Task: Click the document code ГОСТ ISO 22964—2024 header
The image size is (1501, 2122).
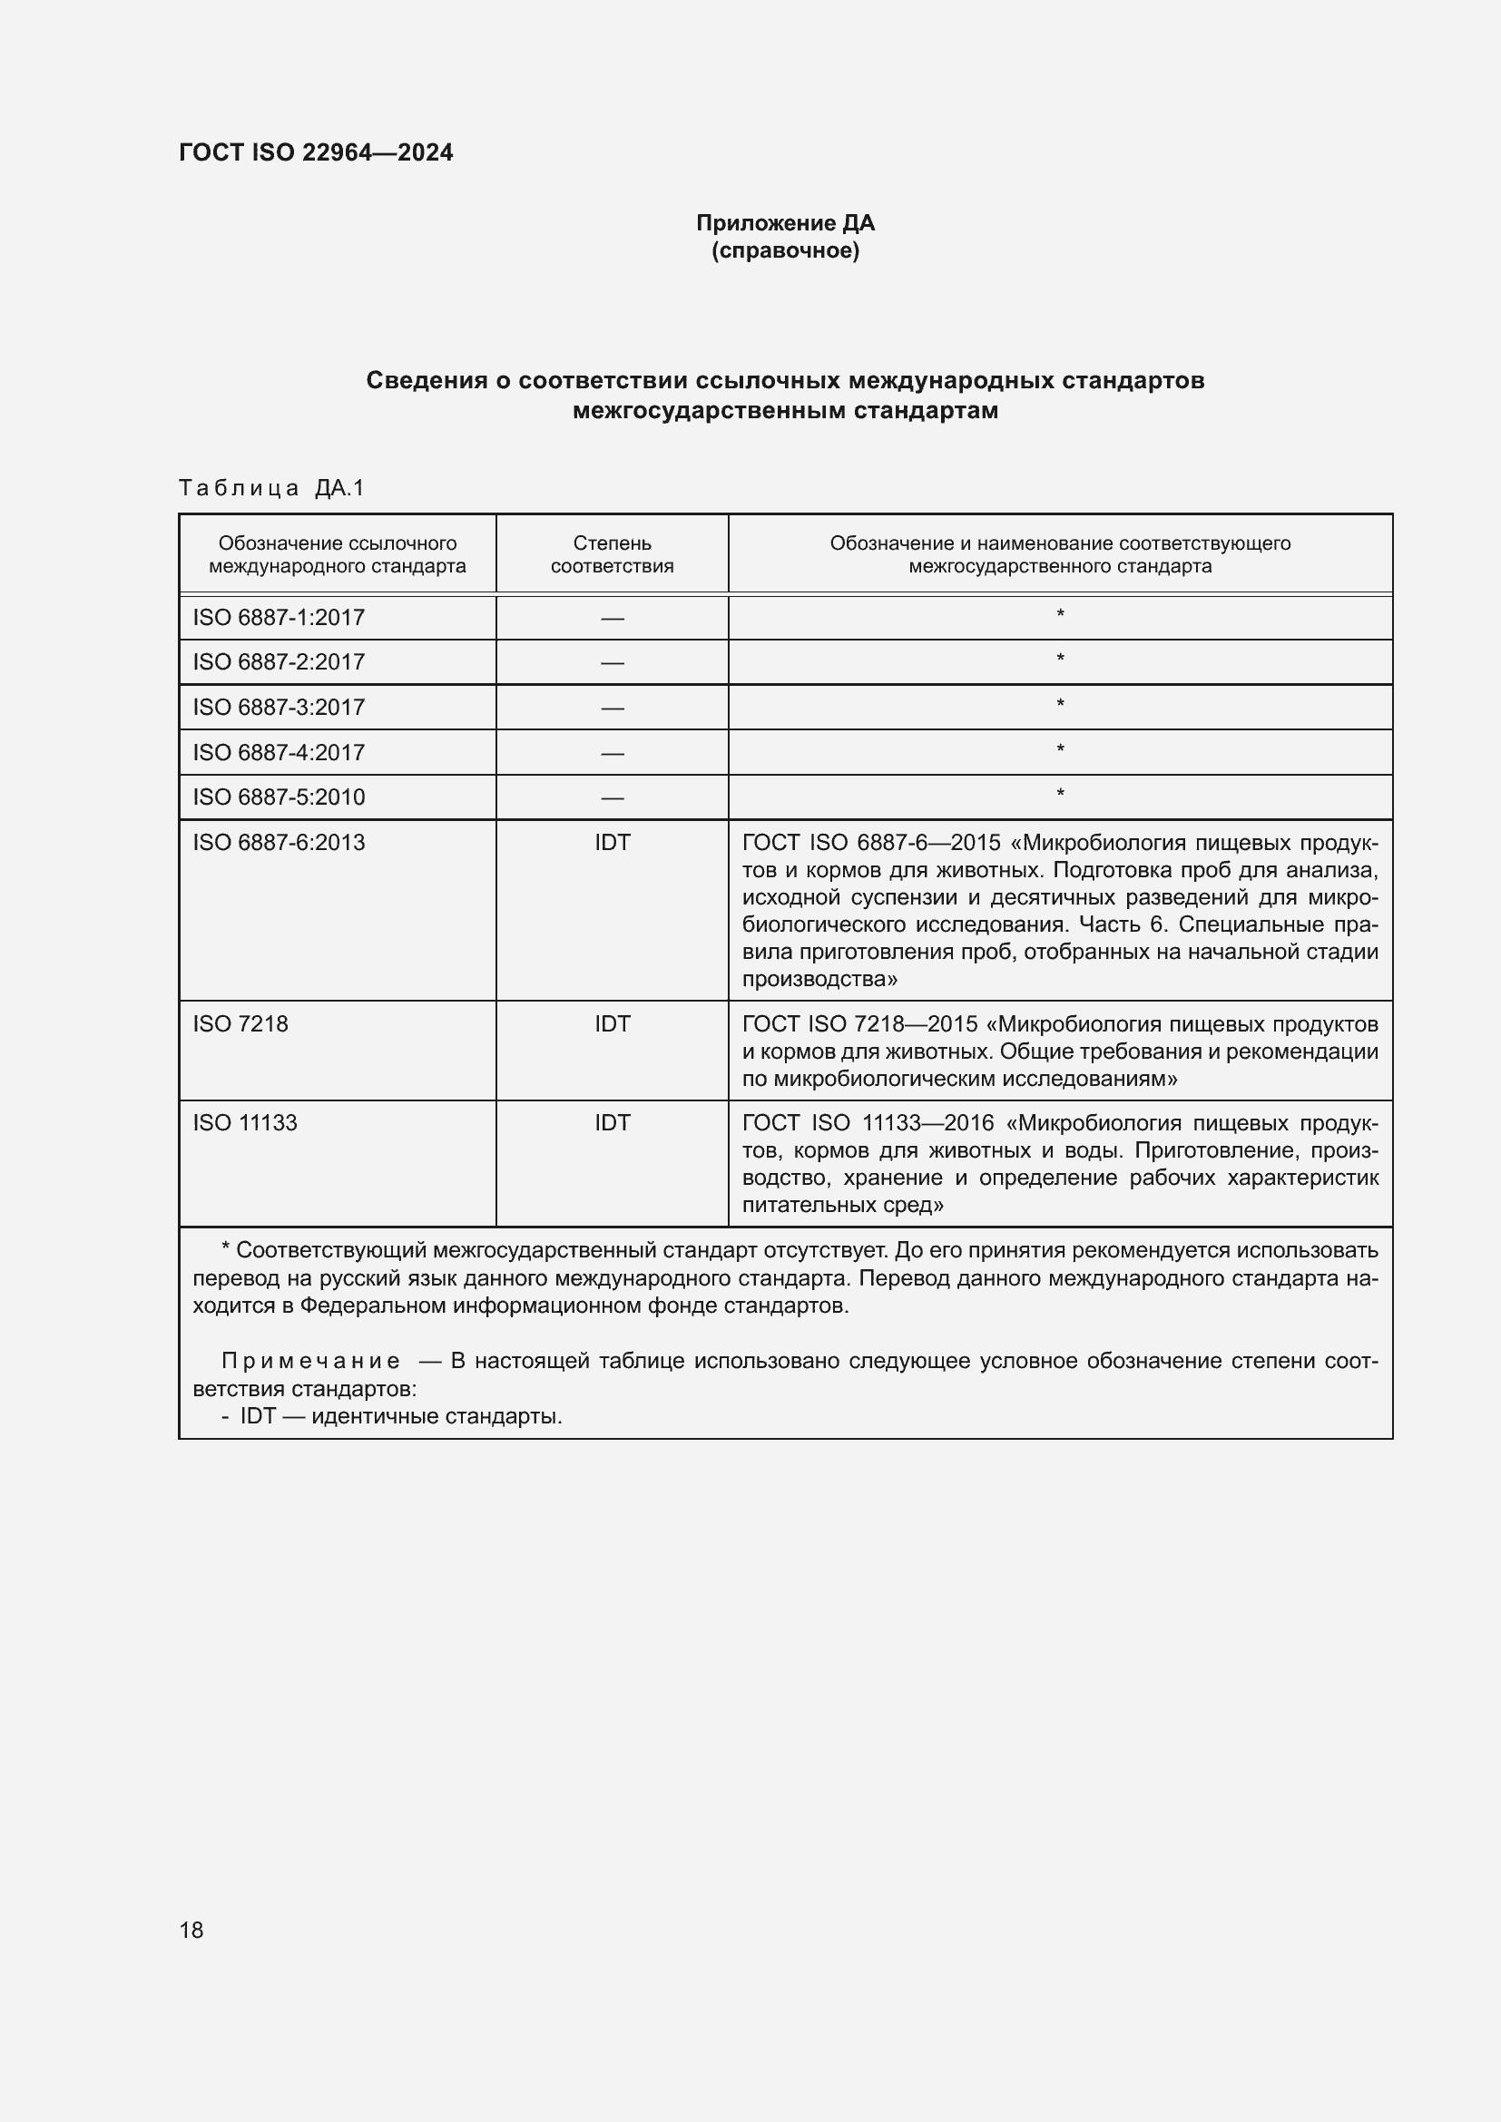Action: pos(315,152)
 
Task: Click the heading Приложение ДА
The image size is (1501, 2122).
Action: pos(785,223)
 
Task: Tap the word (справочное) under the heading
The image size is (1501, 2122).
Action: pos(785,251)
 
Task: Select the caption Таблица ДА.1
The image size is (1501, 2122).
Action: pos(271,488)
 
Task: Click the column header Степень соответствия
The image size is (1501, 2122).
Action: pos(612,554)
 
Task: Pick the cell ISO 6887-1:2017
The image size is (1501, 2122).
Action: pos(279,618)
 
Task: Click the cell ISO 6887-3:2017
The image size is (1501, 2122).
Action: pos(279,707)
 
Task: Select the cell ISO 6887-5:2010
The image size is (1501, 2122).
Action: pos(279,797)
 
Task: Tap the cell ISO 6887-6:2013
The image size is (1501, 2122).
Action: pos(279,842)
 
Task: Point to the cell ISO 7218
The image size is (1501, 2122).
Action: pos(240,1024)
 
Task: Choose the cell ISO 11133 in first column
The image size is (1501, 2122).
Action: pos(245,1123)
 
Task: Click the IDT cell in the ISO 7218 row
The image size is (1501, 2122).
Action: pos(612,1024)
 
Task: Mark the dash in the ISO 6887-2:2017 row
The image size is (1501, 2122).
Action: pos(612,662)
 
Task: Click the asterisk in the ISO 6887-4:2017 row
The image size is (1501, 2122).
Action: pos(1060,749)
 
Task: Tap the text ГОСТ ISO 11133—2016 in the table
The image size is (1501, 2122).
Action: pos(868,1123)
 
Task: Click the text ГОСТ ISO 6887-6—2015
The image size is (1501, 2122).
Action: pos(871,842)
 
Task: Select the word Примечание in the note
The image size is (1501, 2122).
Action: pos(310,1361)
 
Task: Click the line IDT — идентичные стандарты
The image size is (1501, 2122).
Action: pos(400,1416)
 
